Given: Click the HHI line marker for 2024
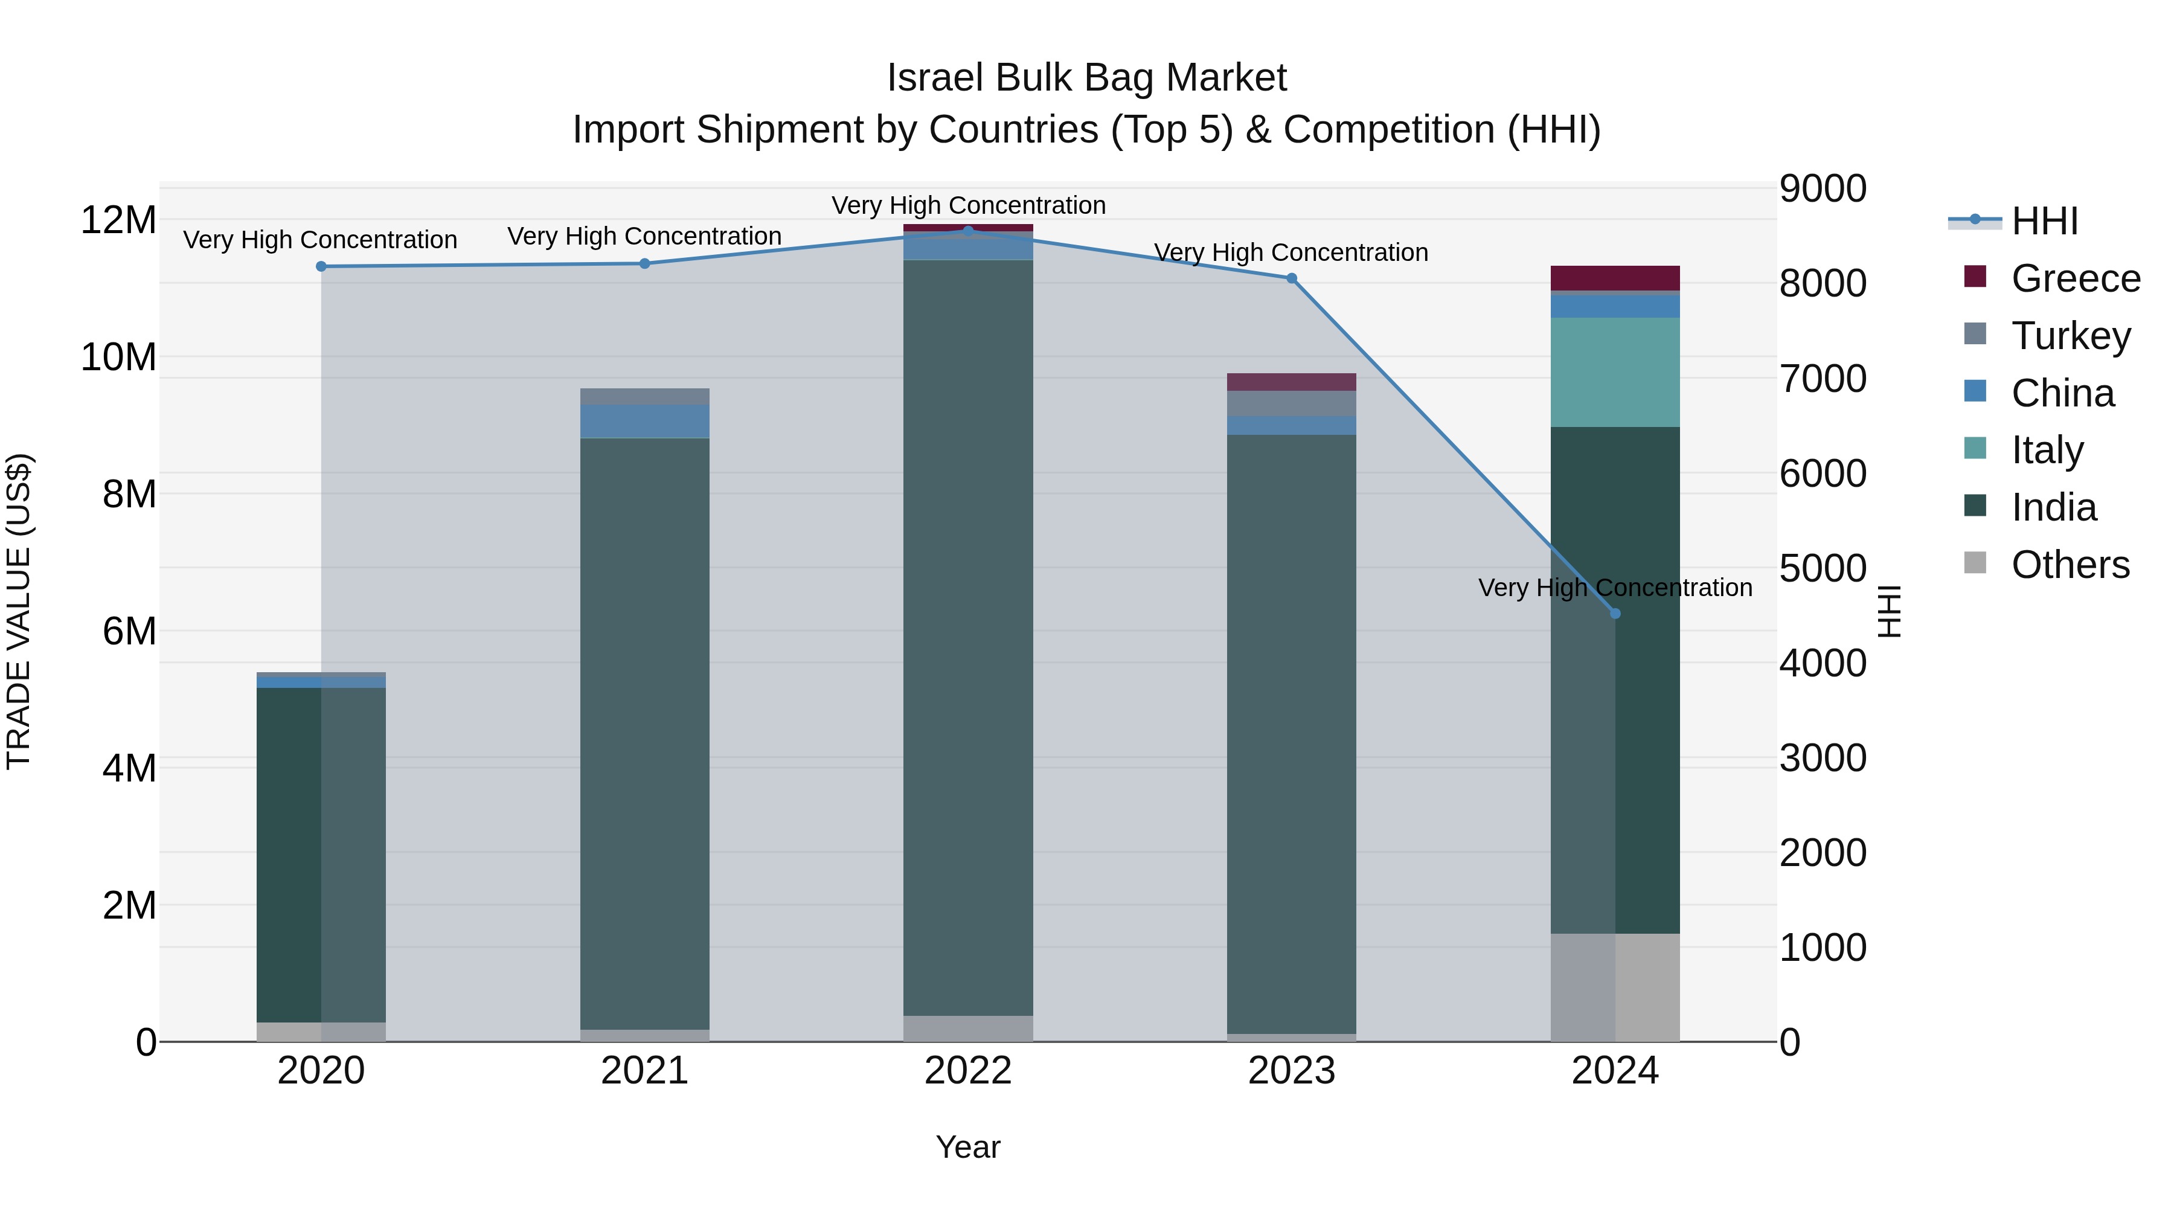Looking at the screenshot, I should point(1614,614).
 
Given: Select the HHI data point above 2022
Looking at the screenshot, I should point(968,231).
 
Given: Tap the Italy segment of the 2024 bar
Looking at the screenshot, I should point(1614,371).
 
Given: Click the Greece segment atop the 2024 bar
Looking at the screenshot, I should point(1614,278).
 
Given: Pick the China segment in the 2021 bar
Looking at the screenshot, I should point(645,420).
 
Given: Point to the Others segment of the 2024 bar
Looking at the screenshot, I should point(1614,987).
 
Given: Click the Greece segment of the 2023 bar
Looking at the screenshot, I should point(1291,382).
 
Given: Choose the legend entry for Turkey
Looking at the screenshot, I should point(2070,336).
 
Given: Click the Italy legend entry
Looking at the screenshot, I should point(2047,450).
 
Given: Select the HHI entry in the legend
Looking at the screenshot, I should point(2044,221).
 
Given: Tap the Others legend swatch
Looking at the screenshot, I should point(1975,563).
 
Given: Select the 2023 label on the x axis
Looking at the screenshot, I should point(1291,1071).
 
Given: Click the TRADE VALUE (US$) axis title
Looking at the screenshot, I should point(19,611).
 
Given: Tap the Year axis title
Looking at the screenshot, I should point(968,1147).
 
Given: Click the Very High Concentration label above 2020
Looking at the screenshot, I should point(320,240).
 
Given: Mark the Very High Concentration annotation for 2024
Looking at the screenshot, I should point(1614,588).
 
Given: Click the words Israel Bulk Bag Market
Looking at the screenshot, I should point(1086,78).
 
